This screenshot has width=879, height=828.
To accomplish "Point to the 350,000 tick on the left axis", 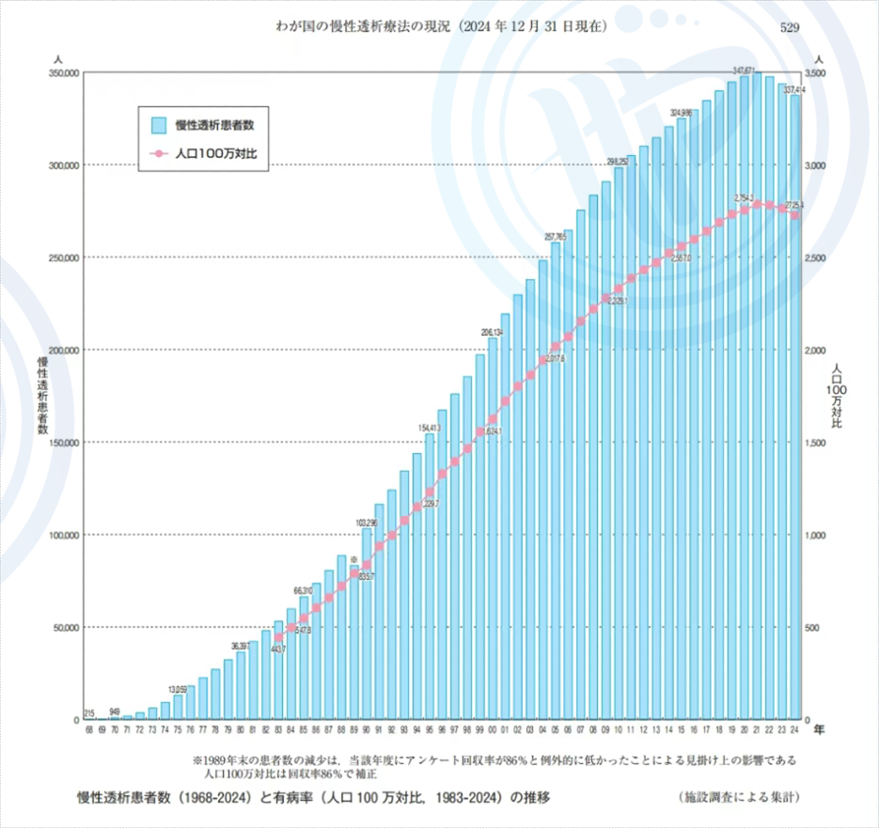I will pyautogui.click(x=58, y=73).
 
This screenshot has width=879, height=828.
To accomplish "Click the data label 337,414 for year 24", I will pyautogui.click(x=795, y=89).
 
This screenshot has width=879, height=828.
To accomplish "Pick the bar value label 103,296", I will pyautogui.click(x=367, y=523).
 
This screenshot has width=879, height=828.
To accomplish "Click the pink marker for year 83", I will pyautogui.click(x=278, y=638).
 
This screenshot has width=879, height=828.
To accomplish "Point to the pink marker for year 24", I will pyautogui.click(x=795, y=215).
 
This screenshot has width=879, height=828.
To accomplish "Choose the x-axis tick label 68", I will pyautogui.click(x=89, y=728).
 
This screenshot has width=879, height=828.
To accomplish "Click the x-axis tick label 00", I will pyautogui.click(x=493, y=728).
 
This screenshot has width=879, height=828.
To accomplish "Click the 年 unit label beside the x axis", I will pyautogui.click(x=819, y=728).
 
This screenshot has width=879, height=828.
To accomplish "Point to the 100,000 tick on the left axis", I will pyautogui.click(x=58, y=535).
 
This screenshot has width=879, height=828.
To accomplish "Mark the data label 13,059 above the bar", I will pyautogui.click(x=178, y=689).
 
